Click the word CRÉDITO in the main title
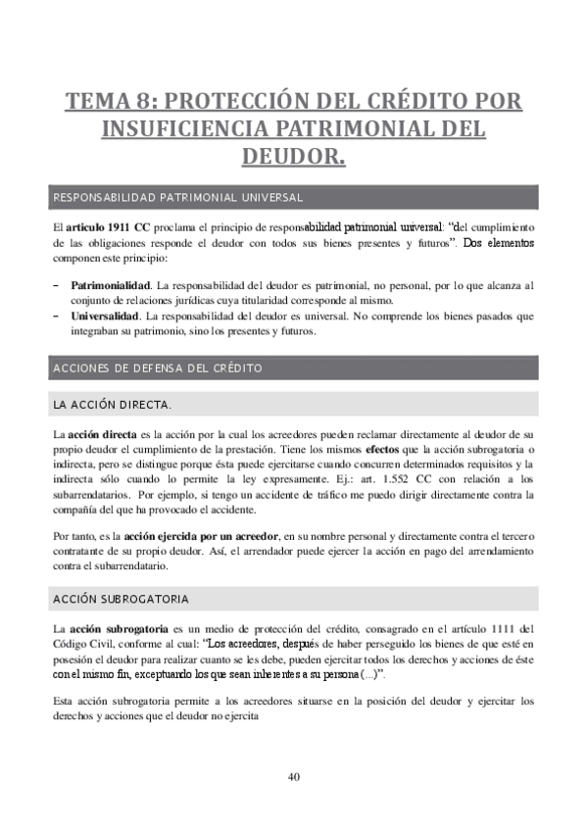[x=410, y=102]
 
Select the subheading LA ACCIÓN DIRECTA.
[x=113, y=404]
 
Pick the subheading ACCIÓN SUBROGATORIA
[x=122, y=598]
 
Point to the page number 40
[x=293, y=777]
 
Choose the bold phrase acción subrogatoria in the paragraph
[x=116, y=628]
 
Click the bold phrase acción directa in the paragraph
[x=101, y=432]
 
